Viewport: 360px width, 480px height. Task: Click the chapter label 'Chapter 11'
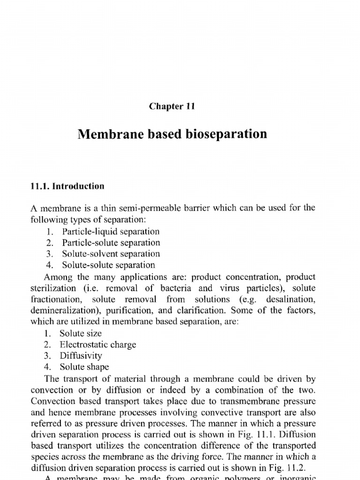[x=172, y=106]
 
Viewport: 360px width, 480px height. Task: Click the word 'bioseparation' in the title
[x=227, y=135]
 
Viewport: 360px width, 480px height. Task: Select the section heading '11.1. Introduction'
[x=67, y=186]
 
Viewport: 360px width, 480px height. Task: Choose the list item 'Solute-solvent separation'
[x=110, y=254]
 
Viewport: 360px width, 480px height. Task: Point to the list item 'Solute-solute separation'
[x=107, y=265]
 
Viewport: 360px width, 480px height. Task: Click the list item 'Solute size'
[x=80, y=333]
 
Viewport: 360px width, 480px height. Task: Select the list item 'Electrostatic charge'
[x=97, y=345]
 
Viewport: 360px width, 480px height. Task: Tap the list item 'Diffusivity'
[x=81, y=356]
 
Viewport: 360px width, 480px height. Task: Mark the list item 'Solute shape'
[x=83, y=367]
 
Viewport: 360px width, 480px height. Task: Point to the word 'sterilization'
[x=53, y=288]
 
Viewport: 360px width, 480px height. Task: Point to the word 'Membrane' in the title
[x=108, y=135]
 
